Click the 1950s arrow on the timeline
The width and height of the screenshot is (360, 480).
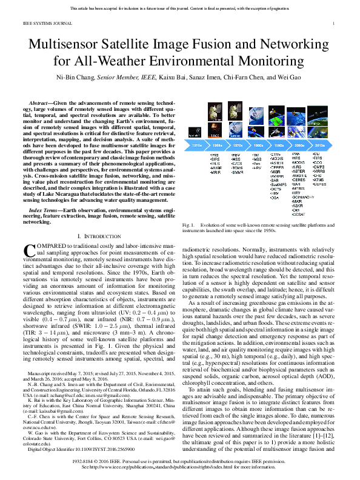click(x=197, y=146)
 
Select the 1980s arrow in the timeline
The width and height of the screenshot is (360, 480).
click(x=257, y=146)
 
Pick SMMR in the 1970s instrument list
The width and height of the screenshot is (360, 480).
click(x=237, y=172)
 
